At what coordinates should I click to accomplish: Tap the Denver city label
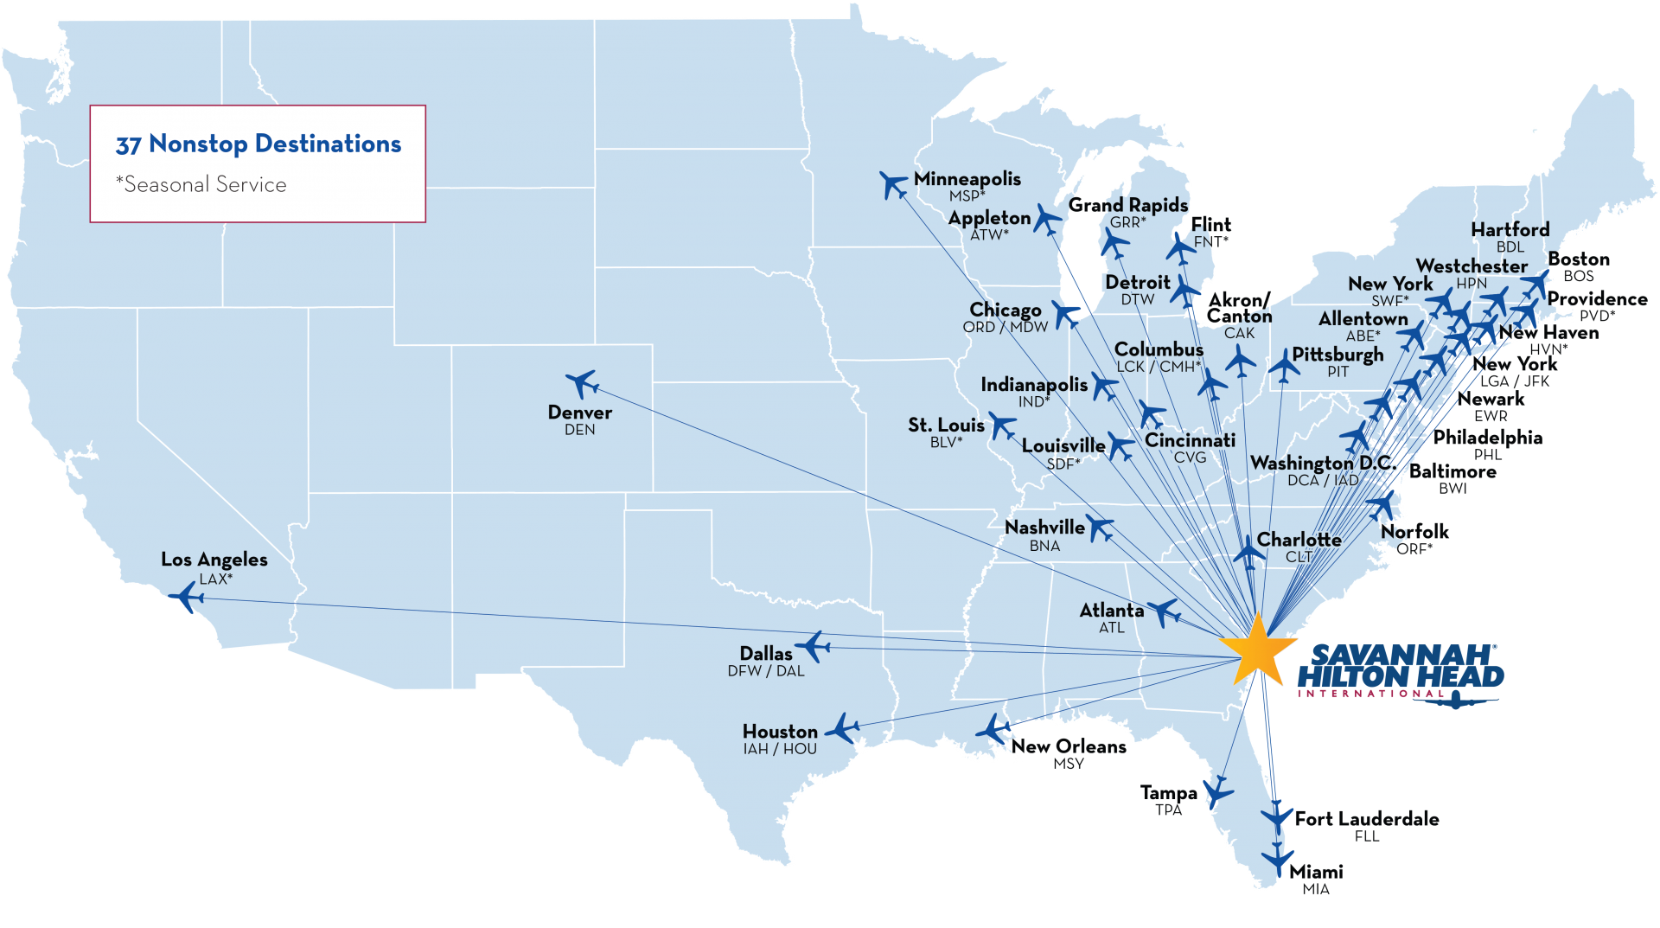click(579, 413)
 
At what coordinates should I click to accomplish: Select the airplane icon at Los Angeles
click(186, 597)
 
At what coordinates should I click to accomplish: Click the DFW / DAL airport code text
click(765, 671)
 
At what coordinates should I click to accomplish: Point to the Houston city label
click(780, 732)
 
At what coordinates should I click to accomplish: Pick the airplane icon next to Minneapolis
click(893, 183)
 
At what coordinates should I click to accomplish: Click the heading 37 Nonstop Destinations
click(259, 144)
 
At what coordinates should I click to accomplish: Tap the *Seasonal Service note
click(201, 184)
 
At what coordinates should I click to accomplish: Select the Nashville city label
click(1044, 528)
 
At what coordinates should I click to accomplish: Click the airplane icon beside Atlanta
click(1164, 611)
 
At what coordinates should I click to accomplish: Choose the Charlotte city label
click(1299, 540)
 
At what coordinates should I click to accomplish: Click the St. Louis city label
click(946, 426)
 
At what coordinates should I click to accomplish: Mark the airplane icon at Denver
click(583, 382)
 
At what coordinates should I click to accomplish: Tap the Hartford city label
click(1510, 230)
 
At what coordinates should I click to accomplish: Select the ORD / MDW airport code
click(1005, 327)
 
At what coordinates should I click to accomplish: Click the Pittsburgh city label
click(1338, 355)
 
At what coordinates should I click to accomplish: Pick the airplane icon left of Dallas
click(813, 645)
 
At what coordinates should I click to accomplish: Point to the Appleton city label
click(989, 218)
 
